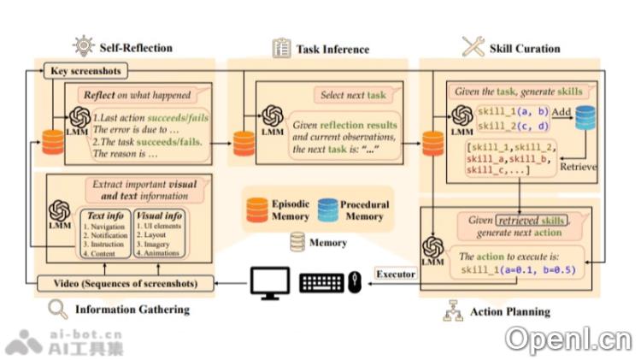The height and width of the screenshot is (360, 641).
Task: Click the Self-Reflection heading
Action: pos(136,48)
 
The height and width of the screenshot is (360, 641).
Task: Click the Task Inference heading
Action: pos(332,49)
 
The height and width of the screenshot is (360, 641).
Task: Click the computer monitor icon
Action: pos(271,283)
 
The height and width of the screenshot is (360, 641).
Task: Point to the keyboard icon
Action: pos(323,283)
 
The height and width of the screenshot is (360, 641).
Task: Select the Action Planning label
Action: pos(509,312)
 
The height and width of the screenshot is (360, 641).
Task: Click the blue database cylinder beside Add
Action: pos(585,119)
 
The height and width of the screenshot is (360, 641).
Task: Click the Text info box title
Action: pos(105,216)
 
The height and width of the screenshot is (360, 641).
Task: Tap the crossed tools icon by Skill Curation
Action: pos(473,47)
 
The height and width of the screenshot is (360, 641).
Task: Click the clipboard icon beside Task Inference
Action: pos(280,48)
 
